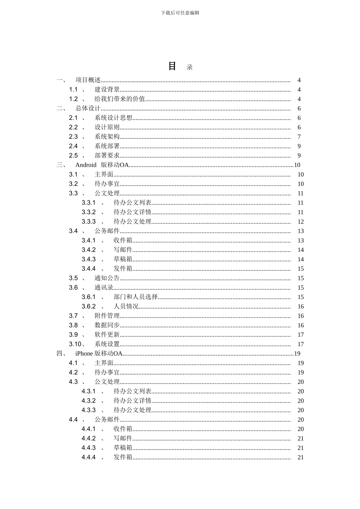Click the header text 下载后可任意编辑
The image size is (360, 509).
click(180, 13)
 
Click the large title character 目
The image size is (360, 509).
click(172, 66)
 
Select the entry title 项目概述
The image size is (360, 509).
click(88, 80)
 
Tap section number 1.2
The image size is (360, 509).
click(73, 99)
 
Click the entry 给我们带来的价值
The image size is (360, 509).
click(120, 99)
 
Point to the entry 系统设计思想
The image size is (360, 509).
click(113, 118)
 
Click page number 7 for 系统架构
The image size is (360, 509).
click(299, 137)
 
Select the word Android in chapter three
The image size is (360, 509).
click(86, 165)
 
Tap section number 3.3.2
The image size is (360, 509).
click(89, 212)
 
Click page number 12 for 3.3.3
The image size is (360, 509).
click(301, 222)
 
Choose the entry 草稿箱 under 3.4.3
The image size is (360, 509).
click(123, 259)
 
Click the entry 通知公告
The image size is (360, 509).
click(107, 278)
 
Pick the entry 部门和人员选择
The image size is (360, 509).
click(136, 297)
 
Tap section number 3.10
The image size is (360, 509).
click(75, 344)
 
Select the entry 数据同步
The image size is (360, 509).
click(107, 325)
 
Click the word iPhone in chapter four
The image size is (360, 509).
click(84, 353)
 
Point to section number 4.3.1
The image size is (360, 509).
click(89, 391)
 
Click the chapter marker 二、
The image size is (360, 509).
click(61, 108)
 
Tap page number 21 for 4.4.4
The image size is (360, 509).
click(301, 457)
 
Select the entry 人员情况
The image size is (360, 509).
click(126, 306)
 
